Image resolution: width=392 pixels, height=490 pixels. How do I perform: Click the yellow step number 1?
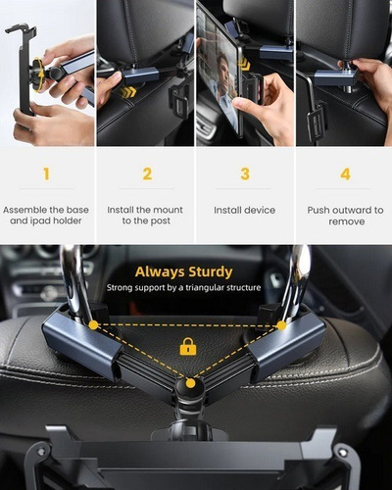point(46,174)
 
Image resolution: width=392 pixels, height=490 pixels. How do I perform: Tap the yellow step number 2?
point(147,174)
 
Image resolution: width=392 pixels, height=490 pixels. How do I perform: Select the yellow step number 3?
point(245,174)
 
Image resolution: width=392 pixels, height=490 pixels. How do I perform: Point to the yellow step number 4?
point(344,174)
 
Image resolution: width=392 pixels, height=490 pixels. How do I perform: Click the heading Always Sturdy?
point(183,271)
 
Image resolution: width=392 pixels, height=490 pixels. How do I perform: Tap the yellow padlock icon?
point(187,347)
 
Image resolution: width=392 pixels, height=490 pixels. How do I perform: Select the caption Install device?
point(245,210)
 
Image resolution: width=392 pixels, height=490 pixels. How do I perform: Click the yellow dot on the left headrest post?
point(93,324)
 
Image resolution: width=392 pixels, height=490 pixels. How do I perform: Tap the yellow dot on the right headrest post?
point(281,324)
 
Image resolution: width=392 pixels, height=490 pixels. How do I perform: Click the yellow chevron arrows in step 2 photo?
point(128,91)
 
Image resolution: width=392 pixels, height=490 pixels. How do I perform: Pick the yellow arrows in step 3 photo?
point(244,65)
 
